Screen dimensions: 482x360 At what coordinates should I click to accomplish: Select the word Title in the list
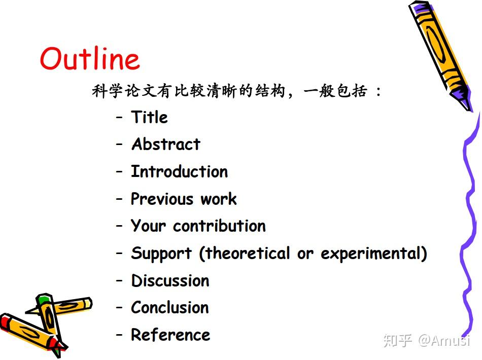click(x=149, y=117)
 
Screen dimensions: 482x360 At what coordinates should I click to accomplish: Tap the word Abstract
click(x=166, y=144)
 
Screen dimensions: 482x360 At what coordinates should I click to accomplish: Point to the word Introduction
click(x=180, y=171)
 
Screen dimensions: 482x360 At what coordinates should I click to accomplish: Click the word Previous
click(x=162, y=198)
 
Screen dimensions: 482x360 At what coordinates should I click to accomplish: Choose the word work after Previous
click(x=219, y=199)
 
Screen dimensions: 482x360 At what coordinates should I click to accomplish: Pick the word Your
click(x=148, y=226)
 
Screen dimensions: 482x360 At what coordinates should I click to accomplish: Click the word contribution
click(x=219, y=226)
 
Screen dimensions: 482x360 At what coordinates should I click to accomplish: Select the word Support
click(x=161, y=254)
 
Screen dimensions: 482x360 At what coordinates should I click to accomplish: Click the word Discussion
click(x=170, y=280)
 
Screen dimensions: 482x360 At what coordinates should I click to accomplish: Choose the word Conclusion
click(x=170, y=307)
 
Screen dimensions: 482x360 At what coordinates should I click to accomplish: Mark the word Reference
click(x=170, y=335)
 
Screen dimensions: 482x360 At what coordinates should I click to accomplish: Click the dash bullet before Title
click(x=119, y=117)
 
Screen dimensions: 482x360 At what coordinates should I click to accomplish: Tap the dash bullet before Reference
click(x=119, y=335)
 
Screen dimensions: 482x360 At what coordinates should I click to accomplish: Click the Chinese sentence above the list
click(x=236, y=91)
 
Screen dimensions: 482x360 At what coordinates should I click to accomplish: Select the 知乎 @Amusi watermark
click(x=427, y=340)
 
